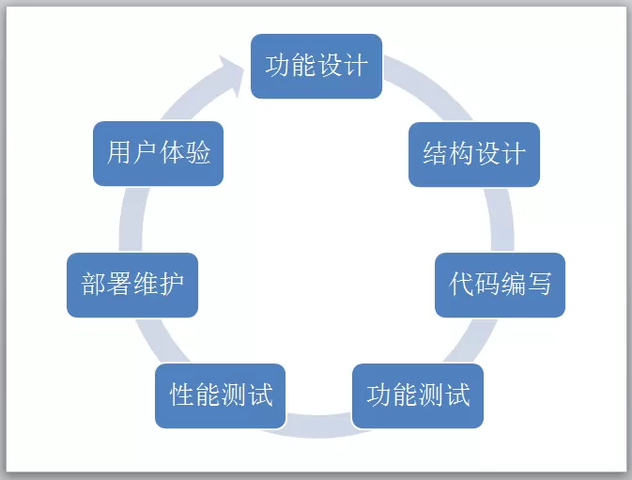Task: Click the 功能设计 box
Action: click(316, 66)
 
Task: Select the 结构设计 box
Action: click(474, 154)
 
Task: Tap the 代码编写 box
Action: click(500, 285)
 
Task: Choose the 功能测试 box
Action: click(418, 395)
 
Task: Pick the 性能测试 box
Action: click(221, 395)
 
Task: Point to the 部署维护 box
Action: click(132, 285)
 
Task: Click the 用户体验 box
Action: click(158, 153)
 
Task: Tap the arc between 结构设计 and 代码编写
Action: click(501, 220)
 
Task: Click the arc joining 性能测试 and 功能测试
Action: click(318, 426)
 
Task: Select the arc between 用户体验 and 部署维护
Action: click(131, 220)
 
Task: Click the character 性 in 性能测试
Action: click(182, 395)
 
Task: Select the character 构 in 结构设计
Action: click(461, 153)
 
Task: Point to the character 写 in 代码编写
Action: click(539, 284)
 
